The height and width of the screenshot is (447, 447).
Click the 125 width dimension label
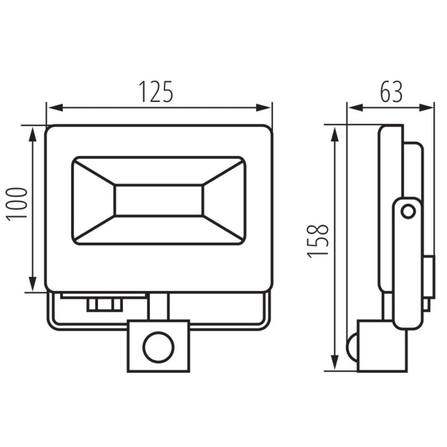(156, 92)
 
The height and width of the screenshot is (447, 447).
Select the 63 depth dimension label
(391, 92)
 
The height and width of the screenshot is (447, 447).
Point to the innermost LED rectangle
(159, 200)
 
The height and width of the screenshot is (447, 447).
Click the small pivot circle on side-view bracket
(408, 212)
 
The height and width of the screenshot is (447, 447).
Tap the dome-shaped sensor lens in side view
(352, 347)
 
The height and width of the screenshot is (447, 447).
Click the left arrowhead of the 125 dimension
(54, 108)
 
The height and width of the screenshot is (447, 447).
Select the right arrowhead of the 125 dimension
(263, 108)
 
